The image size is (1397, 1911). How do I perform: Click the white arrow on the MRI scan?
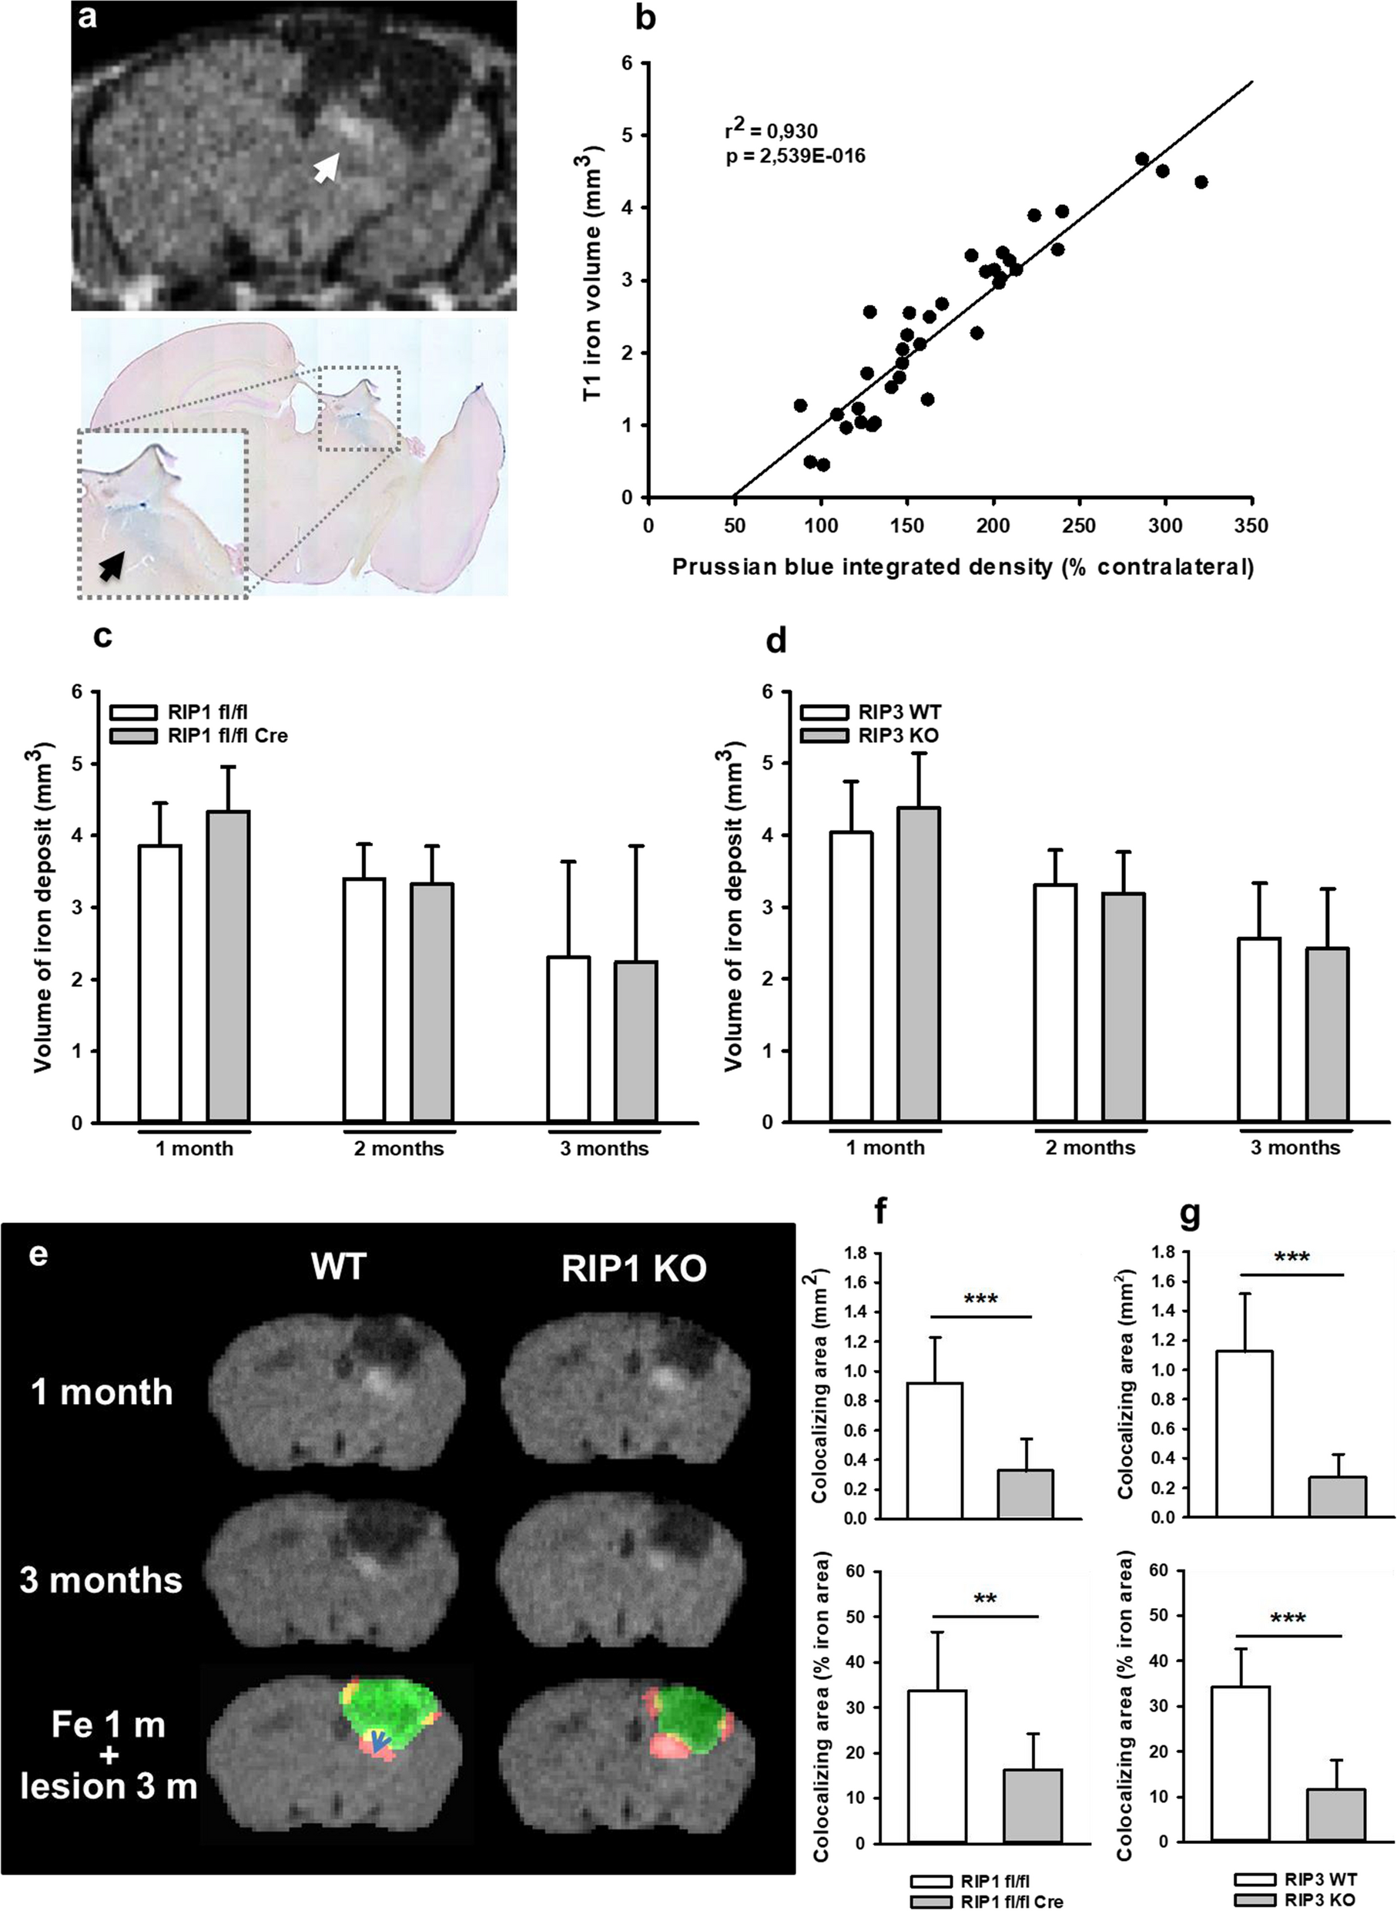tap(327, 167)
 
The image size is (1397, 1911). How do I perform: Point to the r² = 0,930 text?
tap(771, 130)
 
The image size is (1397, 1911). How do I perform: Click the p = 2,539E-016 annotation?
tap(796, 156)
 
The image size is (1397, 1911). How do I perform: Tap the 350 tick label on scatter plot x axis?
tap(1251, 526)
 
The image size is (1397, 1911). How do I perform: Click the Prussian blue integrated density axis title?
tap(963, 567)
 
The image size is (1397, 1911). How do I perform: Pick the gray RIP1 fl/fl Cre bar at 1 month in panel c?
tap(228, 966)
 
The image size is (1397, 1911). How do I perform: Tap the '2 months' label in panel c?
tap(398, 1149)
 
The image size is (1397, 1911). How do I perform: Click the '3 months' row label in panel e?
tap(101, 1580)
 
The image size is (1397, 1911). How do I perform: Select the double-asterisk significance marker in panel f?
tap(985, 1599)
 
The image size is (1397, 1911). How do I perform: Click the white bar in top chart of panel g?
tap(1244, 1434)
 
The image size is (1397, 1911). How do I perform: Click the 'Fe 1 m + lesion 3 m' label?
tap(109, 1755)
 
